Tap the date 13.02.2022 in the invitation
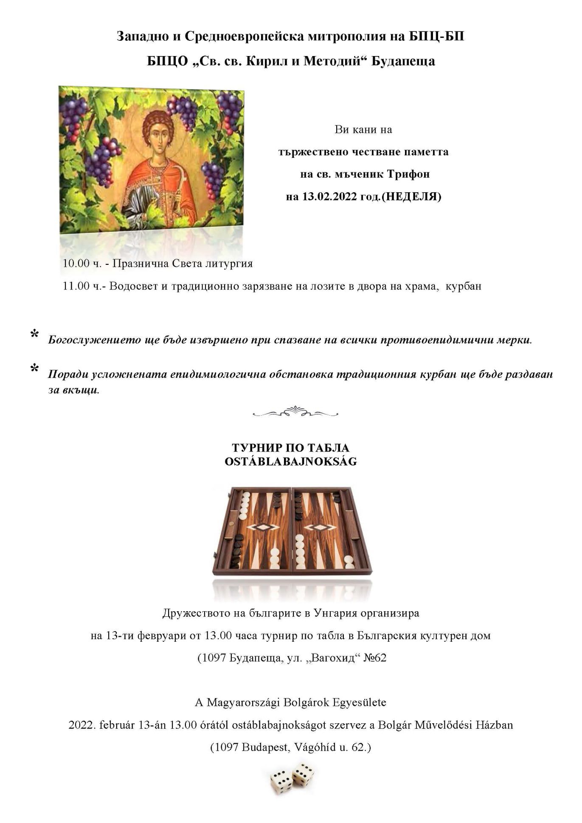coord(329,197)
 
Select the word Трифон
coord(409,174)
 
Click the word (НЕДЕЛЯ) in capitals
coord(412,197)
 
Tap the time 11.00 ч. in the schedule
coord(82,286)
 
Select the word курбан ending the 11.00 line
coord(464,286)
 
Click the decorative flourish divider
coord(295,412)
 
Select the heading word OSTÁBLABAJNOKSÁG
coord(291,462)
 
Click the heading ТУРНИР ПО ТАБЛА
coord(291,448)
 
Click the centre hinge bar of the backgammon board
coord(292,531)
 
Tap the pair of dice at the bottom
coord(292,778)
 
